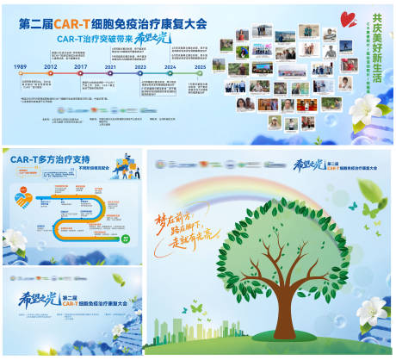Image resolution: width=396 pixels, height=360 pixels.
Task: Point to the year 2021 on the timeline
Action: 111,66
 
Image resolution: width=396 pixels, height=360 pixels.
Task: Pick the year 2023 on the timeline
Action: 140,66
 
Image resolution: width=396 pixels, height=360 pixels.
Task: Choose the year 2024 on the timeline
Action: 170,66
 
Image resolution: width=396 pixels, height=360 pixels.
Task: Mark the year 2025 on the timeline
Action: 200,66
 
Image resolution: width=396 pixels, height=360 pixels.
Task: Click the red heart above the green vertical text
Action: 347,16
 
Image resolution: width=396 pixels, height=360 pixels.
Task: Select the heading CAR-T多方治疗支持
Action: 51,159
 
